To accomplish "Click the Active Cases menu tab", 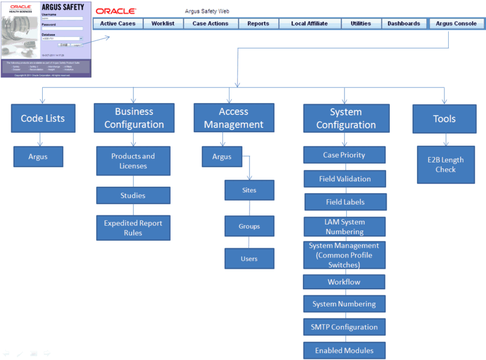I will (118, 24).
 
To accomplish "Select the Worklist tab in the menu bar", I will (163, 24).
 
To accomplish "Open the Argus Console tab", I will (456, 24).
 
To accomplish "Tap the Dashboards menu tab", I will (403, 24).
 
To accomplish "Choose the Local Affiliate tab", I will (309, 24).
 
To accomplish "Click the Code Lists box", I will (43, 119).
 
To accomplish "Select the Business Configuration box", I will (134, 118).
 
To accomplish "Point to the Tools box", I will (444, 119).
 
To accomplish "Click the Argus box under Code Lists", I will (38, 157).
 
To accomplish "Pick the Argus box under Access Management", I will (222, 157).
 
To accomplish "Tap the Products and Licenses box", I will (133, 161).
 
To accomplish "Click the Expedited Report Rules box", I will (133, 228).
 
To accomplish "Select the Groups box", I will (249, 226).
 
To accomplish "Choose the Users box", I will (249, 259).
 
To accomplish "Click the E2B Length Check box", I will (446, 165).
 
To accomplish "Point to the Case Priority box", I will (344, 155).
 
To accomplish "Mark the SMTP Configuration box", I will (344, 327).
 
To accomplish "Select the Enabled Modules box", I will (344, 350).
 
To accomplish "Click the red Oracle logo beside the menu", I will (116, 11).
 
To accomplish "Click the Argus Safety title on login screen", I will (63, 8).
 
